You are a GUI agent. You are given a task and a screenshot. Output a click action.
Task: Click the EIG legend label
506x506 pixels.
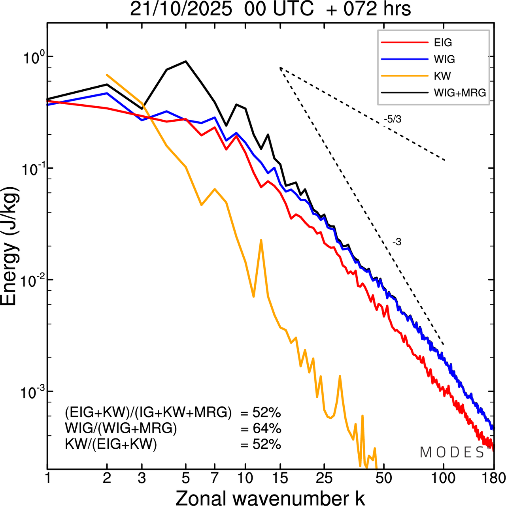tap(443, 43)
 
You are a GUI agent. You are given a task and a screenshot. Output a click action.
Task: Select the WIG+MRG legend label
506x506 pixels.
tap(460, 93)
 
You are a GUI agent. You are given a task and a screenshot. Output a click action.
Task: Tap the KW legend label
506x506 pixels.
tap(442, 76)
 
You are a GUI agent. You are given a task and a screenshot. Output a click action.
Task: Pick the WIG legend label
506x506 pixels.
tap(444, 59)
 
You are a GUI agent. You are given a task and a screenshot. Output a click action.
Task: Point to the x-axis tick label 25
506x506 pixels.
tap(324, 478)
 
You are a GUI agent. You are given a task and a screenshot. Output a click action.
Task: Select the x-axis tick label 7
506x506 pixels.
tap(215, 478)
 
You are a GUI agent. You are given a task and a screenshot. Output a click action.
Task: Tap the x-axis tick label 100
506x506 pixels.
tap(444, 478)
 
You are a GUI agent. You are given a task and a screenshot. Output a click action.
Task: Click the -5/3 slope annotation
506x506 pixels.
tap(392, 119)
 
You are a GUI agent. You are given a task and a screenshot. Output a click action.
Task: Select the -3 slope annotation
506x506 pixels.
tap(396, 242)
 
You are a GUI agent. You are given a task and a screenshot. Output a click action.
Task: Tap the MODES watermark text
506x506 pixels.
tap(452, 453)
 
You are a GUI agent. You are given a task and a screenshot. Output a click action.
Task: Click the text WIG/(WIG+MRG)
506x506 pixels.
tap(121, 428)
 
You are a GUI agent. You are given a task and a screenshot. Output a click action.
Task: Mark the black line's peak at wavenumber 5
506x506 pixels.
tap(186, 61)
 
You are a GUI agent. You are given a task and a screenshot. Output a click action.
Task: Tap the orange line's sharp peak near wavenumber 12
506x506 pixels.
tap(261, 240)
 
